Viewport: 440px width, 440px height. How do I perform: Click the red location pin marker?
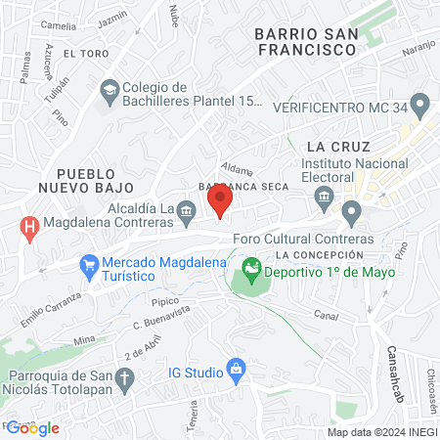220,200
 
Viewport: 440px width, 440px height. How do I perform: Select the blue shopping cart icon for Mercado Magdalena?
90,263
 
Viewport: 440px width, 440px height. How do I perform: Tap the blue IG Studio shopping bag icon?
235,369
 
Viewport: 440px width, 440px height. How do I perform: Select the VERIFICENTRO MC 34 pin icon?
420,103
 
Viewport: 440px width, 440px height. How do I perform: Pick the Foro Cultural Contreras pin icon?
351,211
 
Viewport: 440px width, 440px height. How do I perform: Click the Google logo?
33,427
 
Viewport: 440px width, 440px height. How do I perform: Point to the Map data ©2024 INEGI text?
381,432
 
